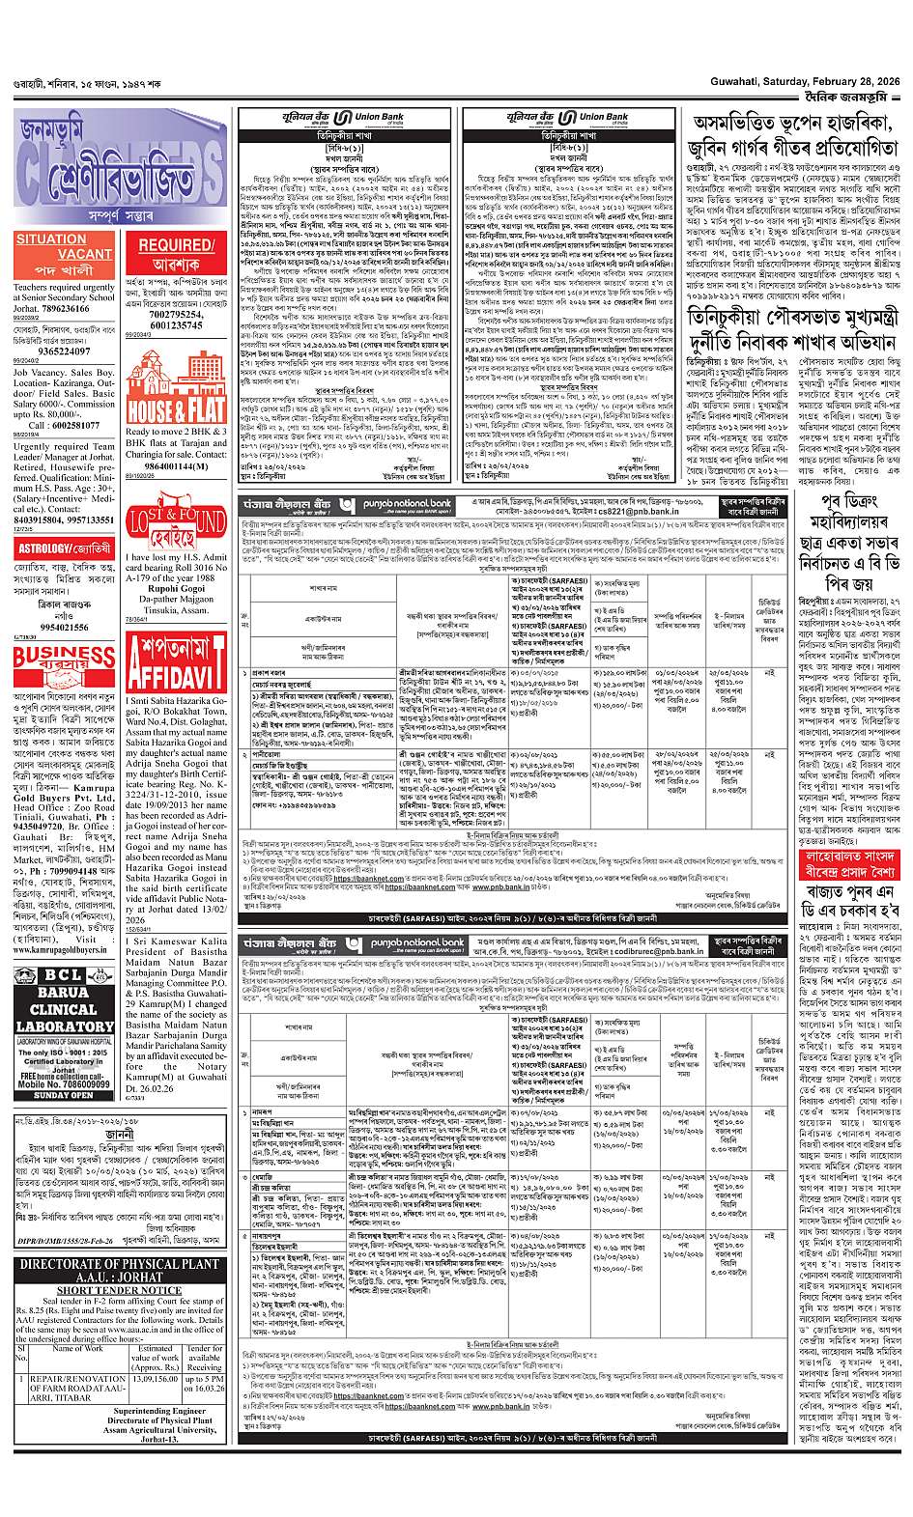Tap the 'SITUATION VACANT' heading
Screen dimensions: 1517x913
point(51,246)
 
